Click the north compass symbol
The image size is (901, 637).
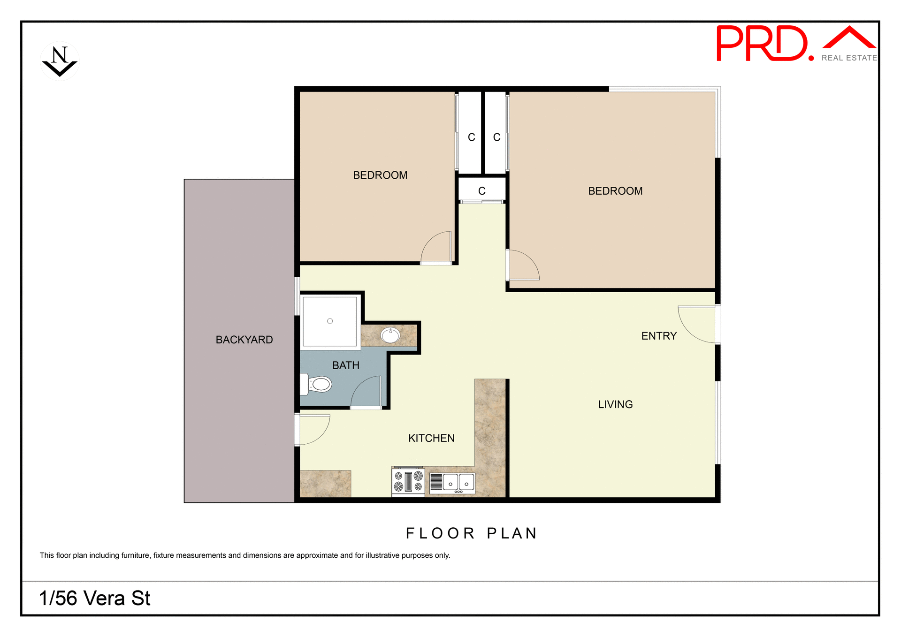coord(60,61)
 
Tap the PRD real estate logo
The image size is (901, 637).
coord(795,44)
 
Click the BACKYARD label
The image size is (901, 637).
coord(244,340)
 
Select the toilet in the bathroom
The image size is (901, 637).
coord(317,384)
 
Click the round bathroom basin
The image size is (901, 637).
coord(390,335)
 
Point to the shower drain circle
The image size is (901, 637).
coord(330,321)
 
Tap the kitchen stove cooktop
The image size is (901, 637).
coord(408,481)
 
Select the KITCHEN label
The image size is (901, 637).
coord(431,438)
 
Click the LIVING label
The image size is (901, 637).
coord(615,404)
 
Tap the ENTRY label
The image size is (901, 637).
coord(659,336)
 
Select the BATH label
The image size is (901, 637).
coord(346,365)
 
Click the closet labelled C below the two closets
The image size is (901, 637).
coord(481,191)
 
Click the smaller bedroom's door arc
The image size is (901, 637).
coord(436,248)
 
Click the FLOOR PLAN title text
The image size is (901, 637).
coord(471,533)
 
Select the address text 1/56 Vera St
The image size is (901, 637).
coord(95,599)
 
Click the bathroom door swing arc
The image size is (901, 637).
coord(366,392)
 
